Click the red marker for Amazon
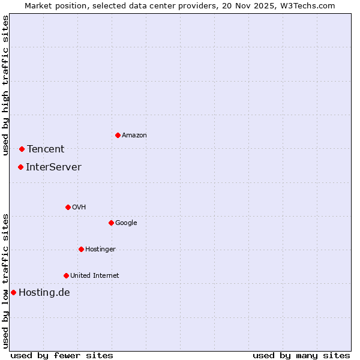pos(118,135)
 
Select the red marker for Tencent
pos(22,149)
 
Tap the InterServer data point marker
pos(20,167)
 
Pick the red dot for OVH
pos(68,207)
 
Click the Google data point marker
pos(111,223)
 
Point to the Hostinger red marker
pos(81,249)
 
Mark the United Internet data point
pos(66,275)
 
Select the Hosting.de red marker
pos(13,292)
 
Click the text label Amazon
pos(134,136)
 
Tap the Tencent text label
pos(46,149)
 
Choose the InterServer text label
pos(53,167)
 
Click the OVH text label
pos(79,208)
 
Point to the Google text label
pos(126,223)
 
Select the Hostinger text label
pos(100,250)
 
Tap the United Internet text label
pos(95,276)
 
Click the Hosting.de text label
pos(44,293)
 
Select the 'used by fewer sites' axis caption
pos(62,355)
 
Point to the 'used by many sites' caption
pos(301,355)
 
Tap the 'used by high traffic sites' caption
pos(6,85)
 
